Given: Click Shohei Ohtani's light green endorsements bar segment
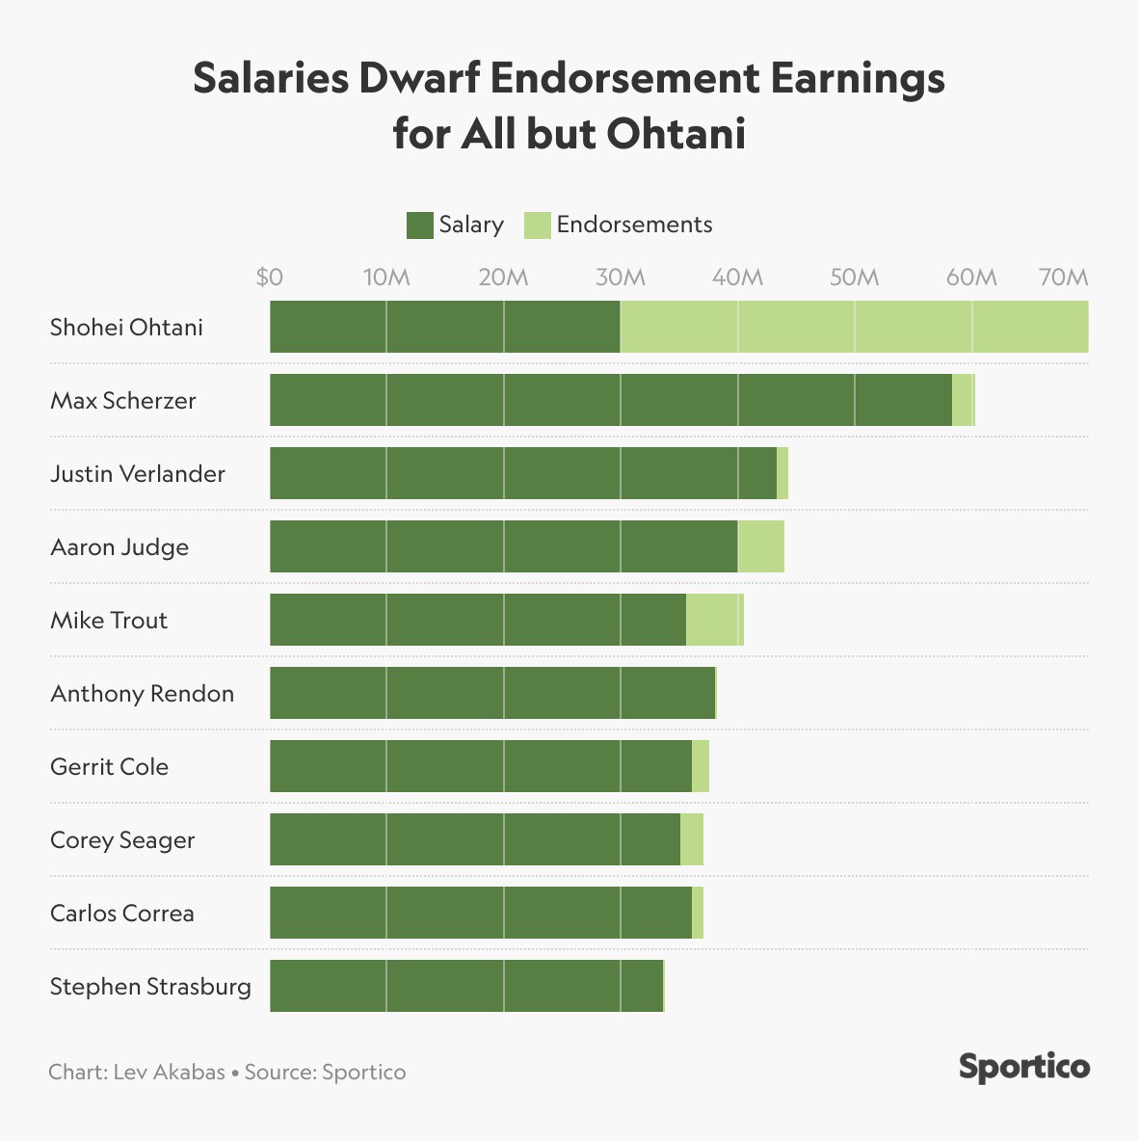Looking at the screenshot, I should (854, 327).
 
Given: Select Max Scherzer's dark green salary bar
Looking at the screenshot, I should (610, 400).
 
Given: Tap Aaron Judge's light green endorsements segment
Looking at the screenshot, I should (760, 546).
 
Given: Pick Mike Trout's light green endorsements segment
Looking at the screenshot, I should (714, 620).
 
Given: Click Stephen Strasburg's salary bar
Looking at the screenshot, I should (466, 986).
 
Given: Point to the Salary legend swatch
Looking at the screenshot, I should (419, 226).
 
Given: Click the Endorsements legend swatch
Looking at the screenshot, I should (537, 226).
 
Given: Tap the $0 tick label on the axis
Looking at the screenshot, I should (270, 278).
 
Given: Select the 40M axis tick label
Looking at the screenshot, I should (737, 278).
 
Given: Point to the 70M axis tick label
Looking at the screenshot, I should (1064, 278).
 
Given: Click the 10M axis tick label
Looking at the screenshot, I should (386, 278).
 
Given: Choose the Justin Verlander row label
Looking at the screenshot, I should (138, 474).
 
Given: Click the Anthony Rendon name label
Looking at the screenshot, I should (142, 694).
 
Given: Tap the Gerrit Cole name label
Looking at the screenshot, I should (109, 767).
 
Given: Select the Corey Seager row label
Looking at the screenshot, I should (122, 840).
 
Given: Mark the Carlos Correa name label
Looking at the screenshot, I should (122, 914).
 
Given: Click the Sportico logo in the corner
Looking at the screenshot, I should (1024, 1068).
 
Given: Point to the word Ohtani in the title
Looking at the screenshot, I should (675, 133).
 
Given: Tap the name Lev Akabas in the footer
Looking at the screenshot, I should (169, 1073).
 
